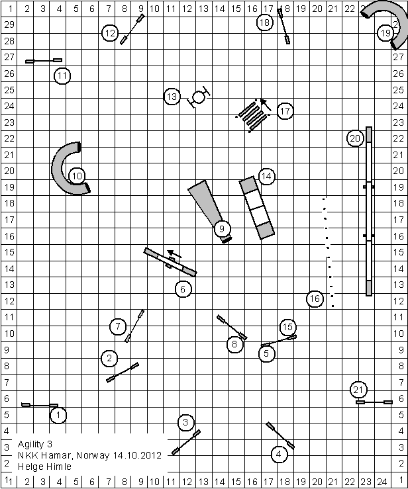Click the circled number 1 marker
pos(58,415)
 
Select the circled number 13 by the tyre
pos(172,97)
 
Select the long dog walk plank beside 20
pos(369,212)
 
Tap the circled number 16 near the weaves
pos(315,299)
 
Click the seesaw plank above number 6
pos(170,262)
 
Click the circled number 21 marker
pos(358,389)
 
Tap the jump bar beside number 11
pos(44,61)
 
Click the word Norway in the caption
pos(89,455)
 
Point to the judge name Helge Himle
pos(45,467)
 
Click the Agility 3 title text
pos(37,443)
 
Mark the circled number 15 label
pos(287,326)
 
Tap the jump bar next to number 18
pos(283,26)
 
